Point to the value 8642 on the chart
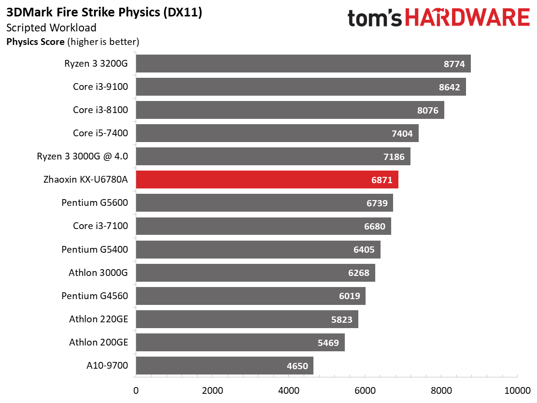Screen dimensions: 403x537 click(x=448, y=87)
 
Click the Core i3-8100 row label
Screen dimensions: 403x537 click(x=100, y=110)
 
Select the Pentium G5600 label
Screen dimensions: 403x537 click(x=95, y=203)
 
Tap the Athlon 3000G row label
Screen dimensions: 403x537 click(x=98, y=273)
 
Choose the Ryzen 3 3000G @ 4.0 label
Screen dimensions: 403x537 click(x=83, y=157)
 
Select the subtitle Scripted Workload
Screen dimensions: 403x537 click(x=51, y=28)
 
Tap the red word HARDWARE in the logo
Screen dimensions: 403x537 click(x=467, y=18)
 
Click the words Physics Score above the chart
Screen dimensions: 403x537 click(x=35, y=42)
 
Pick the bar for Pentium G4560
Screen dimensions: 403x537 click(x=250, y=296)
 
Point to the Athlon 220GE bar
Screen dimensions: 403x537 click(x=247, y=319)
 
